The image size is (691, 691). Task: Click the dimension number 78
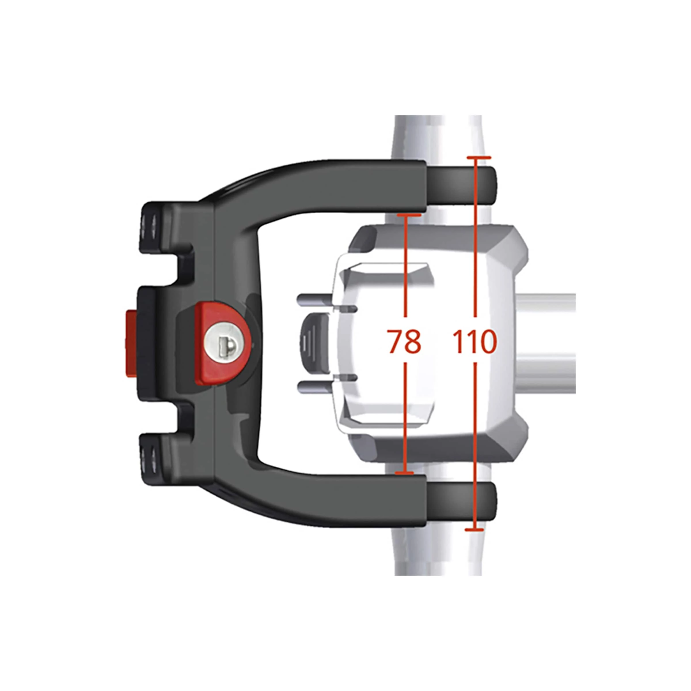404,341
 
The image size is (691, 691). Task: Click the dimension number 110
474,341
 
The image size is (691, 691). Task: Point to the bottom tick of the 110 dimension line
474,530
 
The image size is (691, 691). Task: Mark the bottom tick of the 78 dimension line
404,473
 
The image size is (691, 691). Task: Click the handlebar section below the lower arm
440,558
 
